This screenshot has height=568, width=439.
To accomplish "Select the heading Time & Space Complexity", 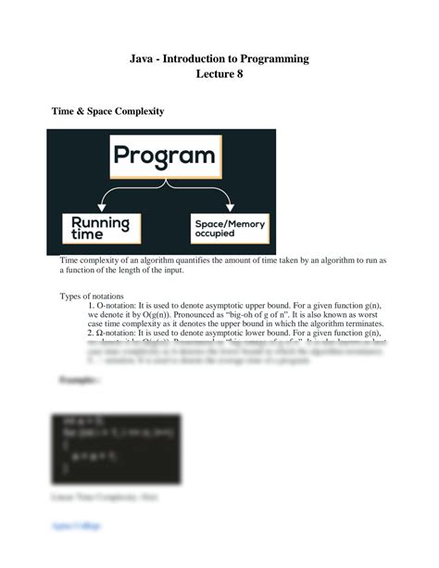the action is click(107, 111).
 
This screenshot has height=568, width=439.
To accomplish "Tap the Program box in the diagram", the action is click(165, 156).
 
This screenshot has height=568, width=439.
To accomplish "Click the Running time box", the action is click(100, 227).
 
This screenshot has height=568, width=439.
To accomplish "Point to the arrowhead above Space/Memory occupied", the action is click(229, 205).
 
